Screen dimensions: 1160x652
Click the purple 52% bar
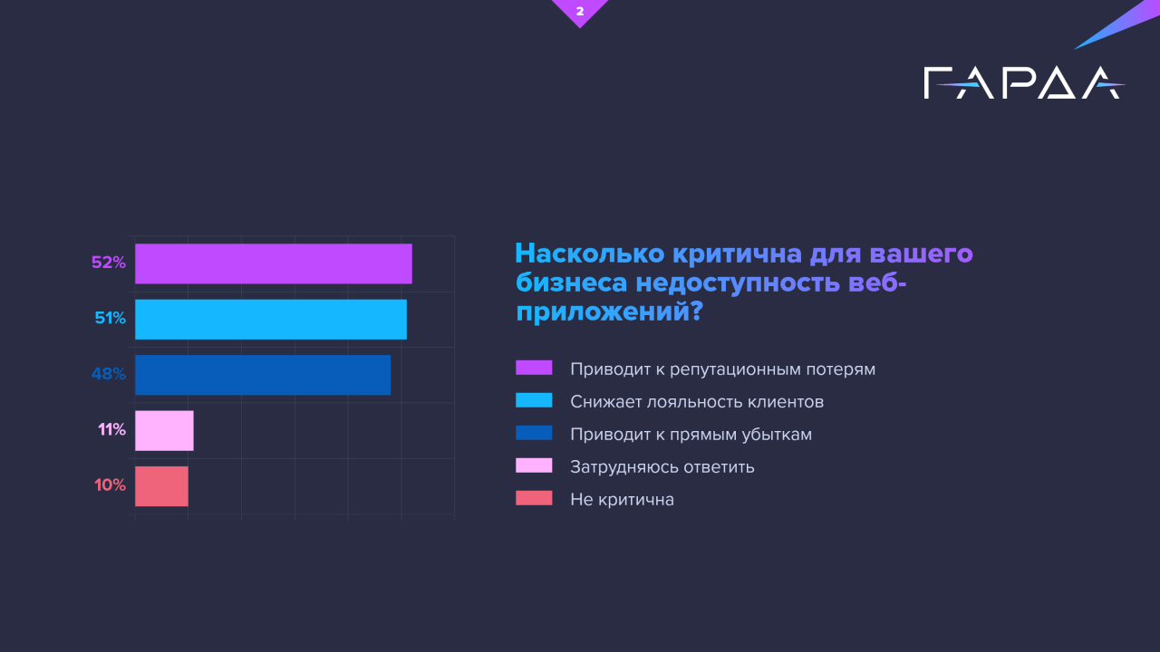click(274, 264)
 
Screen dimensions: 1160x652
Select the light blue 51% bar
click(271, 320)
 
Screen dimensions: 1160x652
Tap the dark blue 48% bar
click(263, 375)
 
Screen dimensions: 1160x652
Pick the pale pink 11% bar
click(164, 430)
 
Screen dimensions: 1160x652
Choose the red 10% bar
click(161, 486)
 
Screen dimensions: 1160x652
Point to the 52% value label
click(109, 263)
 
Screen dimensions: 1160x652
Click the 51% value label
click(111, 318)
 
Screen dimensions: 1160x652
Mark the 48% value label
click(109, 374)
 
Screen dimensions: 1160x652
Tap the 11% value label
click(111, 429)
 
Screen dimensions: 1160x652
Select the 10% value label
click(111, 484)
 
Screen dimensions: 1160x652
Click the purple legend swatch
click(534, 368)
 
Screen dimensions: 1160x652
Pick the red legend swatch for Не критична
click(534, 498)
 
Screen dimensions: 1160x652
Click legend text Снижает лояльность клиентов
click(697, 401)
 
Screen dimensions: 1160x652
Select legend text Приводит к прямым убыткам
click(691, 434)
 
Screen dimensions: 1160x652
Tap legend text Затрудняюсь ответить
click(662, 466)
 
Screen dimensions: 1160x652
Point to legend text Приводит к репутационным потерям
click(723, 369)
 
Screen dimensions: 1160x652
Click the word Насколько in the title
click(590, 254)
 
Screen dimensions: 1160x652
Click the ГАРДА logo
click(1024, 82)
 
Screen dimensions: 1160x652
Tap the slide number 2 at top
click(580, 11)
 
